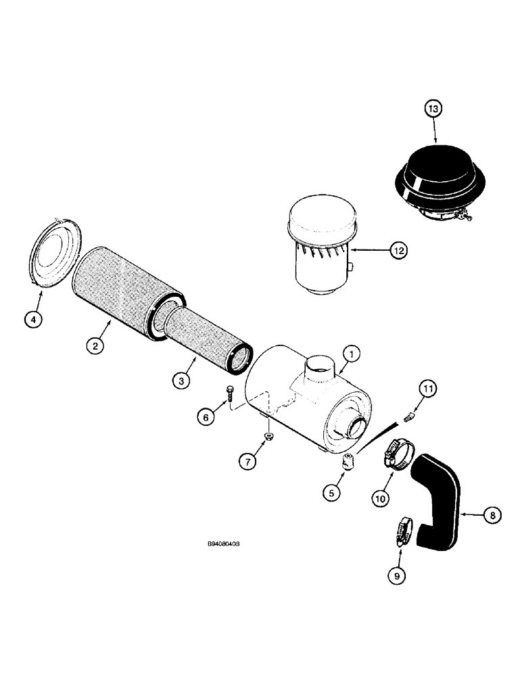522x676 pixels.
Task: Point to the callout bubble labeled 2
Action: pyautogui.click(x=97, y=346)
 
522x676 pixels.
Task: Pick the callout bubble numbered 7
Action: pyautogui.click(x=250, y=462)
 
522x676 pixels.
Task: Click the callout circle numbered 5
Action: pyautogui.click(x=333, y=493)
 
